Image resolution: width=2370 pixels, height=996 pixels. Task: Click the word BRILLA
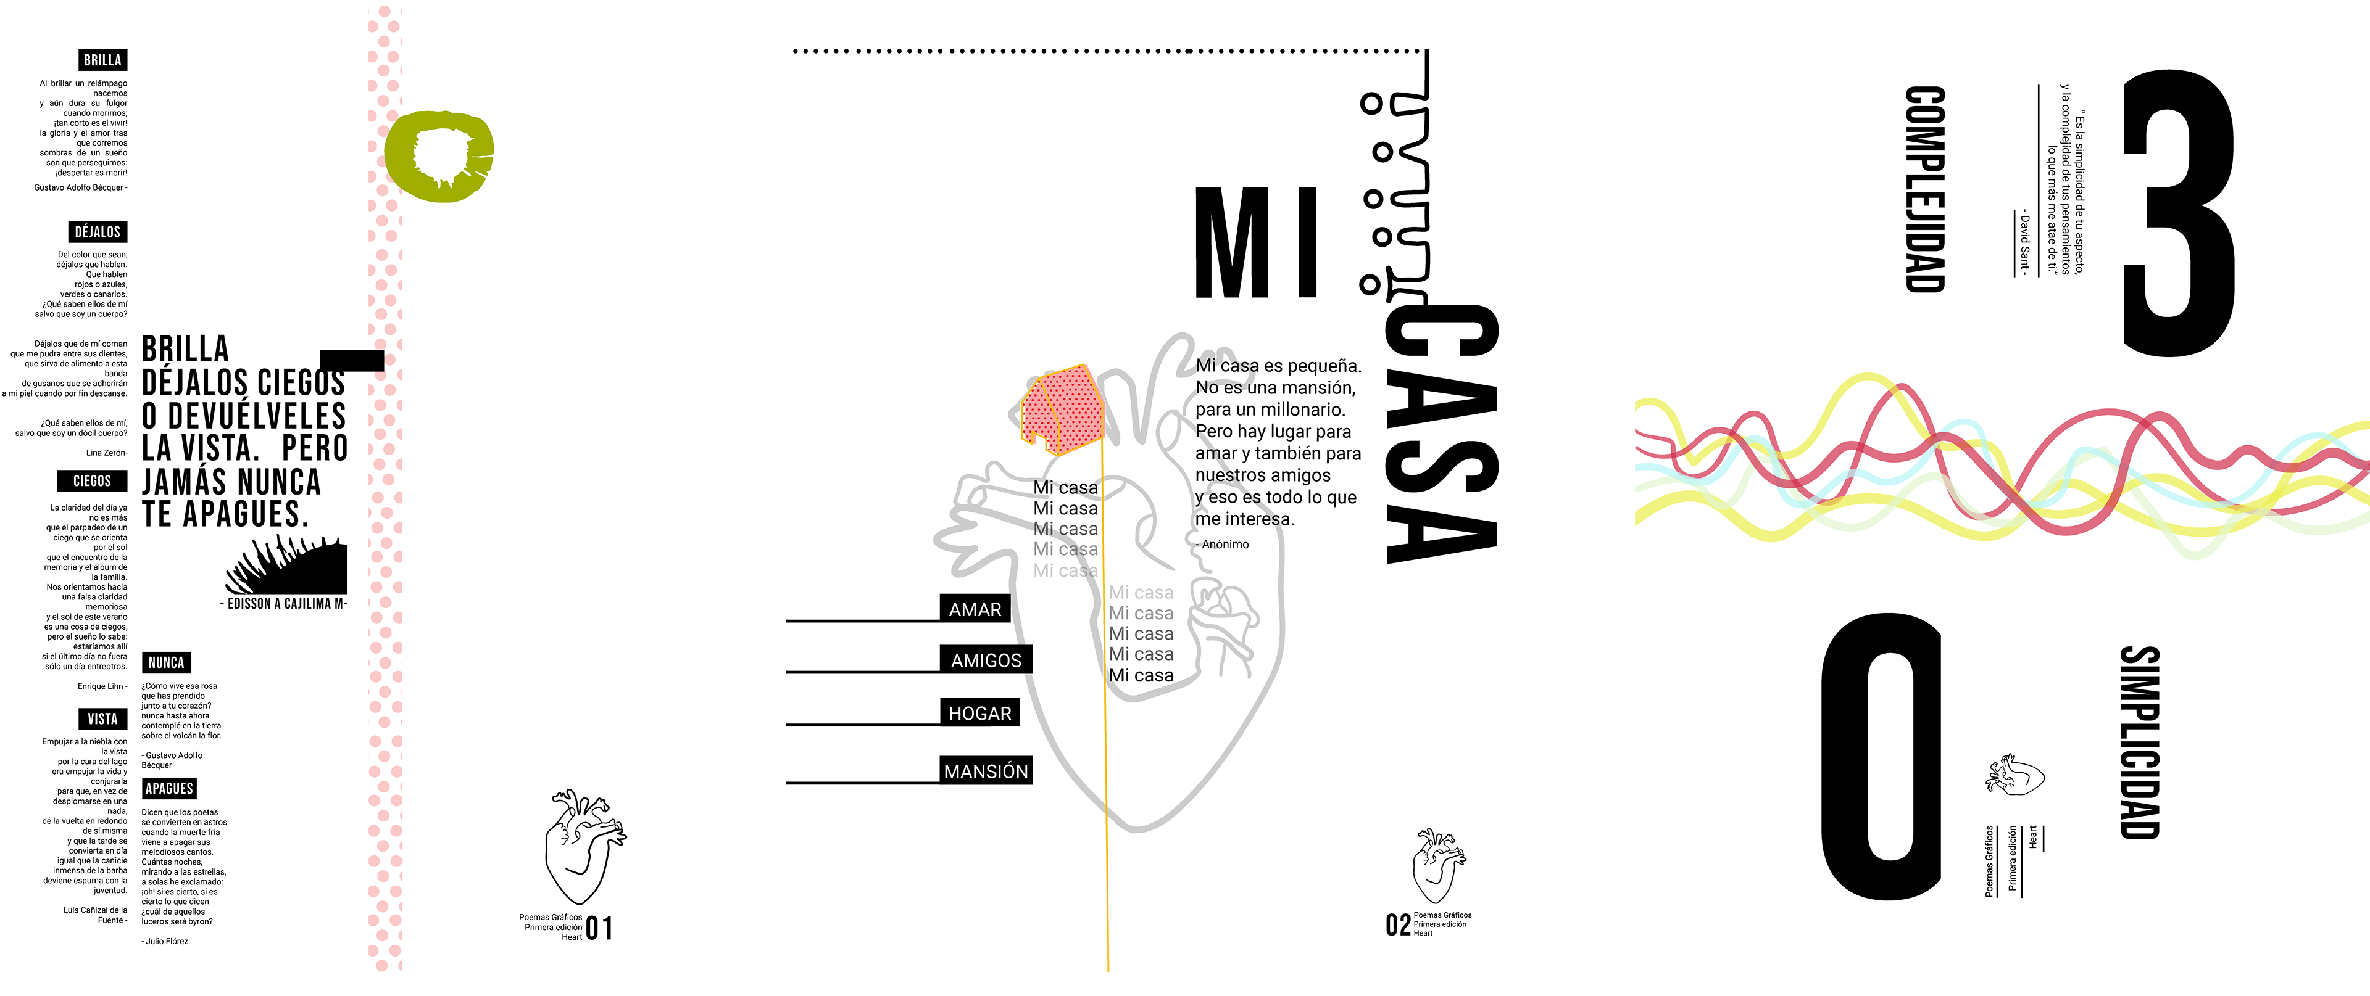tap(102, 60)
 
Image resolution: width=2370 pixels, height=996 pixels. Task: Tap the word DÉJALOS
tap(98, 232)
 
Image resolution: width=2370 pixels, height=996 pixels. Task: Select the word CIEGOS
tap(92, 481)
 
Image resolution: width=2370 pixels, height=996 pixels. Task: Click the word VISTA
tap(102, 719)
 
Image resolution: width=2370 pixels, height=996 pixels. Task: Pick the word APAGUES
tap(169, 788)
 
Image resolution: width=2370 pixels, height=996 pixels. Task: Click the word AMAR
tap(975, 610)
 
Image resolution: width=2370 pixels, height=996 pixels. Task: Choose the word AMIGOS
tap(986, 661)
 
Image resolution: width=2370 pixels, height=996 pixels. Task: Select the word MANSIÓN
tap(986, 772)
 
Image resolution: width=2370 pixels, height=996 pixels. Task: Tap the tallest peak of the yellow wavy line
tap(1868, 377)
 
